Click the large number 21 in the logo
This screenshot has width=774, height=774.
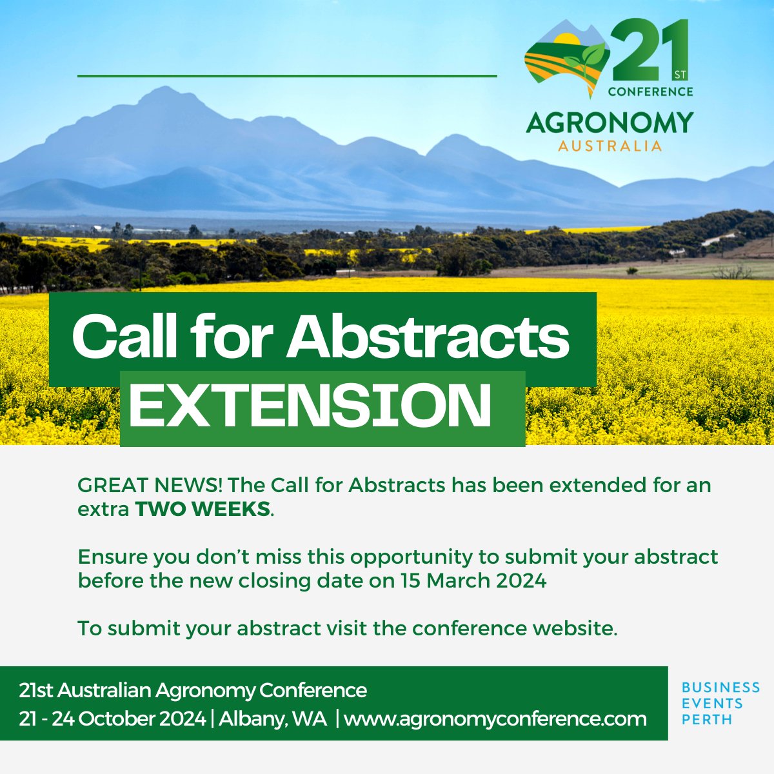648,52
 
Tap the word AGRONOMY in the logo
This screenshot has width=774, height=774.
610,123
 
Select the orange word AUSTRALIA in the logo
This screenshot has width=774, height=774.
610,146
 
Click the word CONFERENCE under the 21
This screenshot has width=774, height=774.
650,92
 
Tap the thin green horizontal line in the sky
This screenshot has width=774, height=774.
287,76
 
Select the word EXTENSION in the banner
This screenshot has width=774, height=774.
310,406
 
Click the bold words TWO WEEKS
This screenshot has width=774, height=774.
203,509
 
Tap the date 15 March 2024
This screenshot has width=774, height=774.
473,580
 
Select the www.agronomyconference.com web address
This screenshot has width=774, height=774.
495,719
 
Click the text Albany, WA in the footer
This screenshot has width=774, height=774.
273,719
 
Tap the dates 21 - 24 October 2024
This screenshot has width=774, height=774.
112,719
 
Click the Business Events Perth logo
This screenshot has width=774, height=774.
720,703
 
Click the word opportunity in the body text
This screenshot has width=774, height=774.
409,557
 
